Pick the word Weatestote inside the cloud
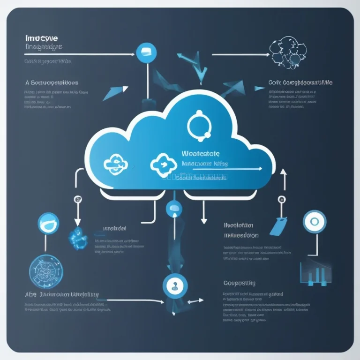tap(200, 154)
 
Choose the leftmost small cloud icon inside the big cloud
tap(114, 164)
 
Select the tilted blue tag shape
tap(278, 225)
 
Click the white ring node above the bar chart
tap(315, 221)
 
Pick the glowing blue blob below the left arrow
tap(78, 238)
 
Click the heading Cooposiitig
tap(239, 283)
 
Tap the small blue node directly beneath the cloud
tap(173, 208)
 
